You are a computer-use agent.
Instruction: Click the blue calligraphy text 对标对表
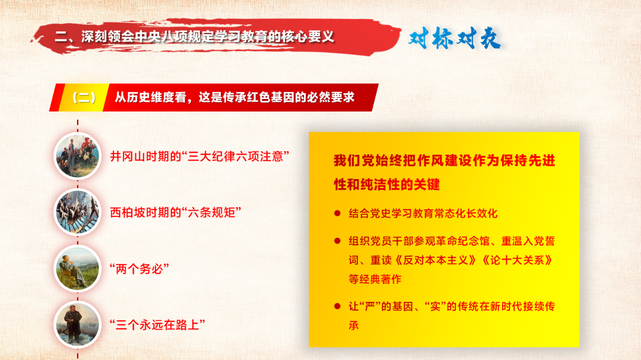(x=455, y=39)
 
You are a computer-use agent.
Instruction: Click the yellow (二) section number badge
(x=84, y=98)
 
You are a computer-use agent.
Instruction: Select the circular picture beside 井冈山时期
(x=77, y=156)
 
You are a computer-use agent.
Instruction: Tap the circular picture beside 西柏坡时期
(x=77, y=212)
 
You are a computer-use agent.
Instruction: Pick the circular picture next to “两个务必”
(x=77, y=269)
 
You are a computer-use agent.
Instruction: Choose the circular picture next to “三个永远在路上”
(x=77, y=324)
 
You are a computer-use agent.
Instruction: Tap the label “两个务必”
(x=139, y=269)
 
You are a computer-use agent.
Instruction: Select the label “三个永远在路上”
(x=157, y=325)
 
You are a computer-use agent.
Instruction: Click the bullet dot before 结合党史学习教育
(x=337, y=213)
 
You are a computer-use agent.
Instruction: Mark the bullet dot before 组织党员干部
(x=337, y=241)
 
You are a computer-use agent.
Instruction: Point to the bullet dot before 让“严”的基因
(x=337, y=306)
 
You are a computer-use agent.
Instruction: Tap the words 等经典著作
(x=375, y=279)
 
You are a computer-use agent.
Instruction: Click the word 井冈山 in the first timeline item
(x=128, y=157)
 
